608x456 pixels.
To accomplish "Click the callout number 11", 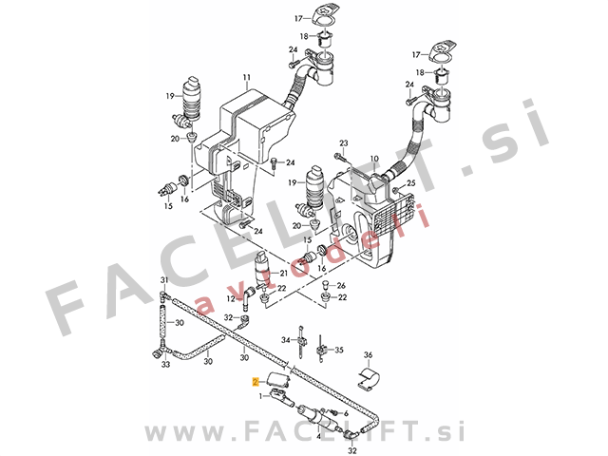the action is coord(247,77).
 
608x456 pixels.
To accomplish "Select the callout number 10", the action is coord(373,159).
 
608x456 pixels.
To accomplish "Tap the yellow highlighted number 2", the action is coord(256,382).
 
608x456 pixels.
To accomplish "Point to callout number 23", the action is coord(344,143).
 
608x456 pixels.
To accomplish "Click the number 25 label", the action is coord(410,183).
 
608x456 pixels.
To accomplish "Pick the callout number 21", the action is coord(284,273).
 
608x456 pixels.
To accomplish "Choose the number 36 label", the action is coord(368,354).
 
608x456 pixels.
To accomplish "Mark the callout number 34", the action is coord(286,340).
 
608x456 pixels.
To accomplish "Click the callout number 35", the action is coord(339,351).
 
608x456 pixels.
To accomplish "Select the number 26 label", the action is coord(341,286).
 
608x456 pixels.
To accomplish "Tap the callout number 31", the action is coord(164,280).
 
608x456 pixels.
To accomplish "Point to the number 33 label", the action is coord(165,365).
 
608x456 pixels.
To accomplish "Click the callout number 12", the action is coord(231,299).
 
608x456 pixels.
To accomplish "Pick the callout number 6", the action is coord(346,414).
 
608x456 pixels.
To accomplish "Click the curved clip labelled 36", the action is coord(369,379).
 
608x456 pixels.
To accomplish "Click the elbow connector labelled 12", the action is coord(247,298).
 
